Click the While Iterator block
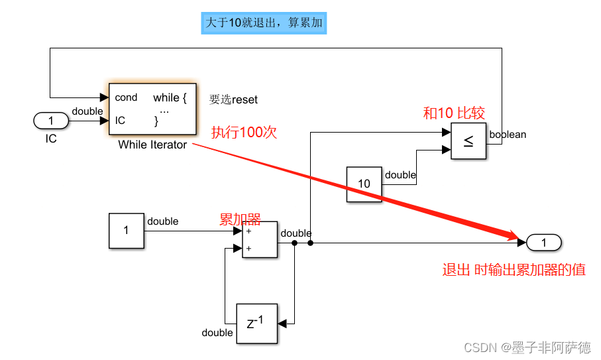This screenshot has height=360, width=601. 152,109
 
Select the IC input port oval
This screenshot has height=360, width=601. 51,121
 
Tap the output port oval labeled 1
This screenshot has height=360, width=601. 544,243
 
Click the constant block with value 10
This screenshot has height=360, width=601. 364,184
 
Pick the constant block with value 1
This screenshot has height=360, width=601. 126,231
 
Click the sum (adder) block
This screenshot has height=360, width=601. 260,239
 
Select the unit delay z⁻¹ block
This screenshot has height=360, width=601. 257,324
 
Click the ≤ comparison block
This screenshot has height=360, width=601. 468,141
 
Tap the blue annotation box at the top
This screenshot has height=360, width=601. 264,23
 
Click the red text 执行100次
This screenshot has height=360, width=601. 243,132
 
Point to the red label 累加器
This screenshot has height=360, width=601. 240,219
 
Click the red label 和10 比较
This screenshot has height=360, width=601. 454,113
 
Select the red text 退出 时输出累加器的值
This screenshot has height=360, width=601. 514,270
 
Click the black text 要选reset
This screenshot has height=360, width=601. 233,99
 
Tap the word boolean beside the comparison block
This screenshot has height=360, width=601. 508,135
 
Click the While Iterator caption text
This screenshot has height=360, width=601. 152,145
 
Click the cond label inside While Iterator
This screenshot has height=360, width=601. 126,97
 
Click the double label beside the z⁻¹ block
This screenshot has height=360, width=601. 217,332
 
